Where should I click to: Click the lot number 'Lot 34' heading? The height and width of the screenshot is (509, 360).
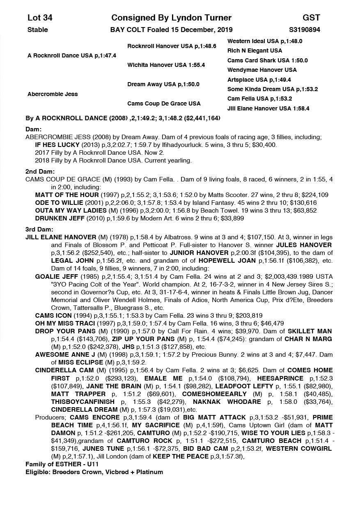[40, 18]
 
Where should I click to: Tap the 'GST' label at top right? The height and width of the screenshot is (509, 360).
[311, 18]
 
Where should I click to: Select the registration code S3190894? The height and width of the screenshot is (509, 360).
[305, 30]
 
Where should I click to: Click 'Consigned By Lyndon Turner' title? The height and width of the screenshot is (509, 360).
[171, 18]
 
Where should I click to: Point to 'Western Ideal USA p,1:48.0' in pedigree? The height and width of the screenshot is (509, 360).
[265, 41]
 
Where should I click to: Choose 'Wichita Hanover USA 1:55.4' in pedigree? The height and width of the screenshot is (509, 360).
[166, 65]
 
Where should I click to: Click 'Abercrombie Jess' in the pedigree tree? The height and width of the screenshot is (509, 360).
[53, 94]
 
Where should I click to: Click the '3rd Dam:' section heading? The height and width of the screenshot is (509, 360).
[39, 229]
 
